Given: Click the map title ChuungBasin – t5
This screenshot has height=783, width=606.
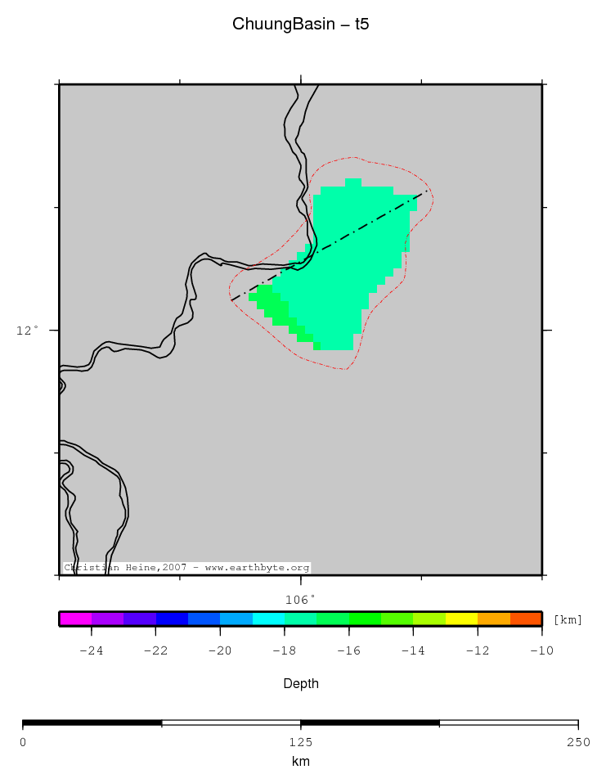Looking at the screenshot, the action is [300, 25].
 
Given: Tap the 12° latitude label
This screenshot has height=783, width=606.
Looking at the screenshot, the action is [28, 331].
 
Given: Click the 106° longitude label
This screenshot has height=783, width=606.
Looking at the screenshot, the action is [300, 599].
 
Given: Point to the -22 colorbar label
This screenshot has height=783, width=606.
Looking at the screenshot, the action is [155, 650].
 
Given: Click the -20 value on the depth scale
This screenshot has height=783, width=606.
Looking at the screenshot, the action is [219, 650].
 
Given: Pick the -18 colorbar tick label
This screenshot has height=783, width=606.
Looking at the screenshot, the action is [284, 650].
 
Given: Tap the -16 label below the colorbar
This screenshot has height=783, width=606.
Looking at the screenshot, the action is [348, 650].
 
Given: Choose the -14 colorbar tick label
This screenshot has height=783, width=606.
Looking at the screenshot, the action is [413, 650].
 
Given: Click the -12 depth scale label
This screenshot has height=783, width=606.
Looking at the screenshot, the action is [478, 650].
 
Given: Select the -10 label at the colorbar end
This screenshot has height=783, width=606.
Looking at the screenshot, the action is [541, 650].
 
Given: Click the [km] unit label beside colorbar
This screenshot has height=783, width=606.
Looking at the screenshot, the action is [568, 619].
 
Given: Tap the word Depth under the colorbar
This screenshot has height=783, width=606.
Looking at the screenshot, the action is [300, 683].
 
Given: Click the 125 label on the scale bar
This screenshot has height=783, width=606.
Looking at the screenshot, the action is [300, 742].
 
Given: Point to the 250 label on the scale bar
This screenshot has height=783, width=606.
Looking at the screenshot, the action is [577, 742].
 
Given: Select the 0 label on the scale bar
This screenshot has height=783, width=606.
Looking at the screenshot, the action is [23, 742].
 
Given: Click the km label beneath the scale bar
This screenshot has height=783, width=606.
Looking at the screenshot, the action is [300, 762].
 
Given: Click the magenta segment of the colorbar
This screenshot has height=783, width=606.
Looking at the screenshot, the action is [75, 619].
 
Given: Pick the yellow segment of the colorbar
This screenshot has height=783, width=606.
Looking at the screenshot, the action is [461, 619].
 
